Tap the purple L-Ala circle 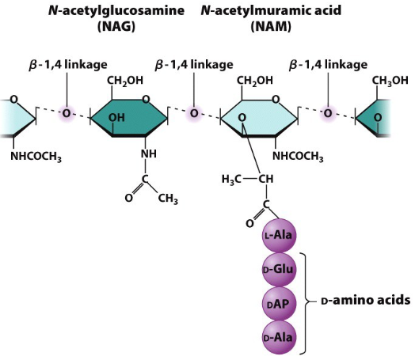pos(278,235)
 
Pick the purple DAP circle pos(278,303)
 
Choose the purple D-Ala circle pos(278,337)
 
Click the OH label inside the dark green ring pos(118,118)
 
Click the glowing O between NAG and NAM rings pos(192,114)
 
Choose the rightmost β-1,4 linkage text pos(326,63)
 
